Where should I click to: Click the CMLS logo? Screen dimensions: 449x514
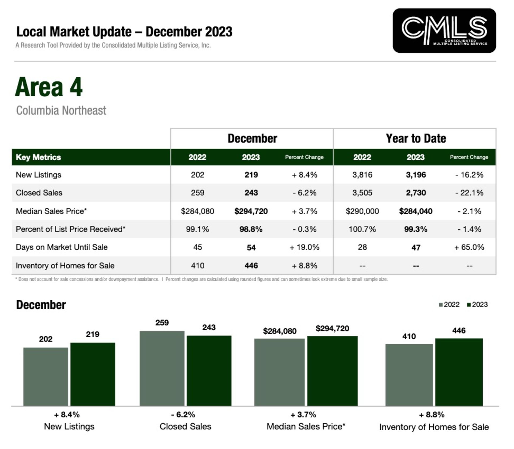tap(444, 30)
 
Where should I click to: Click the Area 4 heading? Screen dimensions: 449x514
tap(49, 87)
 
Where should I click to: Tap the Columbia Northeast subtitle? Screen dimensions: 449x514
tap(61, 110)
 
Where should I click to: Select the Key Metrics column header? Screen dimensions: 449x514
tap(38, 157)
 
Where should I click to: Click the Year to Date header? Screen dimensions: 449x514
tap(415, 139)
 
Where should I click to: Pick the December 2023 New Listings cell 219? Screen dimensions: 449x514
tap(251, 175)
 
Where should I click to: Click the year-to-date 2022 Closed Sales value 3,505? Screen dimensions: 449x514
tap(362, 193)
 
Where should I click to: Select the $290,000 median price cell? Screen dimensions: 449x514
tap(362, 211)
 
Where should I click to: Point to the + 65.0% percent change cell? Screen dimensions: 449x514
tap(469, 247)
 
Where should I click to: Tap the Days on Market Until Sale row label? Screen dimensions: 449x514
tap(62, 247)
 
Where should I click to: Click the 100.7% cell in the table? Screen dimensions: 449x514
tap(362, 229)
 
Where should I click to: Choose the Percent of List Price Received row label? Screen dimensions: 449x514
tap(70, 229)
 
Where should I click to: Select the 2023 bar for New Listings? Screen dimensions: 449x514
tap(93, 374)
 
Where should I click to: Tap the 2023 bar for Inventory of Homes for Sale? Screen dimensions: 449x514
tap(459, 372)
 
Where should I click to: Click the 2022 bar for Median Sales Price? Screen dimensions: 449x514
tap(279, 372)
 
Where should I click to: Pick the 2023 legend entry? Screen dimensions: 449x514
tap(477, 305)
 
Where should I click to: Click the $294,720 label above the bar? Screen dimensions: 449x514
tap(332, 328)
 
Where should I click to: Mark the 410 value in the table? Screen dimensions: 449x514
tap(198, 266)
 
